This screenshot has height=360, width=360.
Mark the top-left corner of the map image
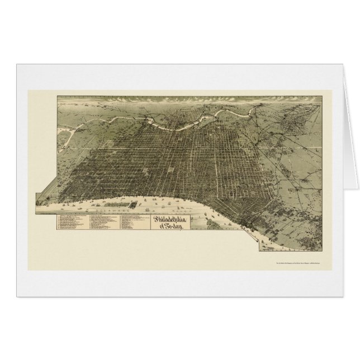[x=56, y=96]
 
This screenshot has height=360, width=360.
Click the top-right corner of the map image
[x=324, y=96]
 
